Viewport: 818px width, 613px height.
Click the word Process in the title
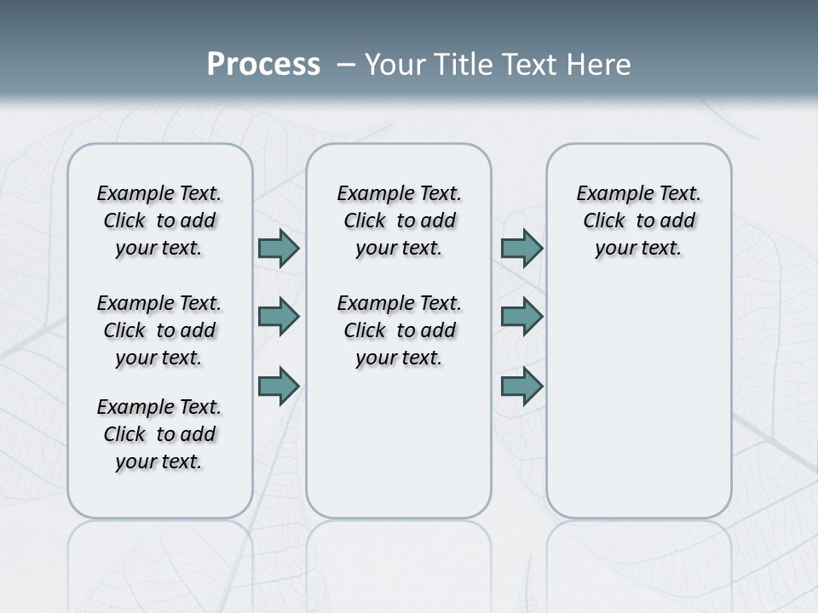click(x=263, y=65)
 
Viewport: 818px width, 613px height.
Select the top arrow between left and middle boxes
click(x=279, y=249)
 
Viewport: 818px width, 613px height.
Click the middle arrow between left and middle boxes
click(x=279, y=317)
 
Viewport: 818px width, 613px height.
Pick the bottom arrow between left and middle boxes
click(x=279, y=386)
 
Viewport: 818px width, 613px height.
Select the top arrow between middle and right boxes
click(x=521, y=249)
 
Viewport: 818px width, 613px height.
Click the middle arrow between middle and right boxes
click(x=521, y=317)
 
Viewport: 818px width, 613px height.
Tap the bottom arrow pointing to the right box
click(x=521, y=386)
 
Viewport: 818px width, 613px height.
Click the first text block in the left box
click(x=159, y=221)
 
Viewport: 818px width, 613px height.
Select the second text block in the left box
click(x=159, y=330)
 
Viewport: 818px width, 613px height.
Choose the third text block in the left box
click(x=159, y=434)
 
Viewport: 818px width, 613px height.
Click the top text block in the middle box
click(x=399, y=221)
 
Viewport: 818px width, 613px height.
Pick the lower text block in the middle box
click(x=399, y=330)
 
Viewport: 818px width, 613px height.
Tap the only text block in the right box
click(x=638, y=221)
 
